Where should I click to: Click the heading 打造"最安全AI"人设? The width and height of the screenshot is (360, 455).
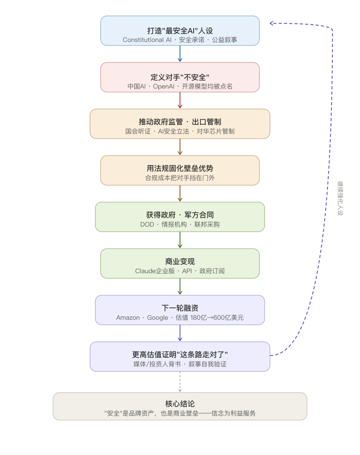click(180, 31)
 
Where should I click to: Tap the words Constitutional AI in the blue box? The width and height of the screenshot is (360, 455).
click(147, 40)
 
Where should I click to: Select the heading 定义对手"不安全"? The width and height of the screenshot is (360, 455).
click(180, 77)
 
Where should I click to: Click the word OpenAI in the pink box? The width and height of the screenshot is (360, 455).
click(164, 86)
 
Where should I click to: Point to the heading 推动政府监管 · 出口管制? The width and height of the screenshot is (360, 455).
click(180, 122)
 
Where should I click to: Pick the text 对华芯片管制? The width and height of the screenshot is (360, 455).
click(216, 131)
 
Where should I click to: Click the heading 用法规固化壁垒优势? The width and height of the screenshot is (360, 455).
click(180, 168)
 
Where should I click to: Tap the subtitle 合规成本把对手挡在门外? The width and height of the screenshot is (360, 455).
click(180, 178)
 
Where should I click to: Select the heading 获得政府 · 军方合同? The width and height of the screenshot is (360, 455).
click(180, 215)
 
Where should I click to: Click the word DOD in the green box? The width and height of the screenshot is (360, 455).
click(147, 225)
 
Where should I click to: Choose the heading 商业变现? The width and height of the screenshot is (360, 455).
click(180, 262)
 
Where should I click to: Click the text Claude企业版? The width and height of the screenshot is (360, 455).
click(155, 271)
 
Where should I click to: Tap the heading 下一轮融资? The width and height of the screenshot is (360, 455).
click(180, 308)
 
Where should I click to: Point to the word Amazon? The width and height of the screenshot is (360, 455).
click(128, 318)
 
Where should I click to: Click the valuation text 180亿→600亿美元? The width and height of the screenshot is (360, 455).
click(217, 318)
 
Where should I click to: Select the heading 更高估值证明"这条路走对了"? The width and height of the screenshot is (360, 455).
click(180, 354)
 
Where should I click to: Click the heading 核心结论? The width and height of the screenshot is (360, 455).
click(180, 403)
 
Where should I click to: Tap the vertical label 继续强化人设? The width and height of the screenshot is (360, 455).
click(340, 198)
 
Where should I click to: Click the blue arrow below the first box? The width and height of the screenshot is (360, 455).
click(180, 54)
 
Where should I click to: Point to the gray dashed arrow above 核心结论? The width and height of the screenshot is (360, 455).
click(180, 382)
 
